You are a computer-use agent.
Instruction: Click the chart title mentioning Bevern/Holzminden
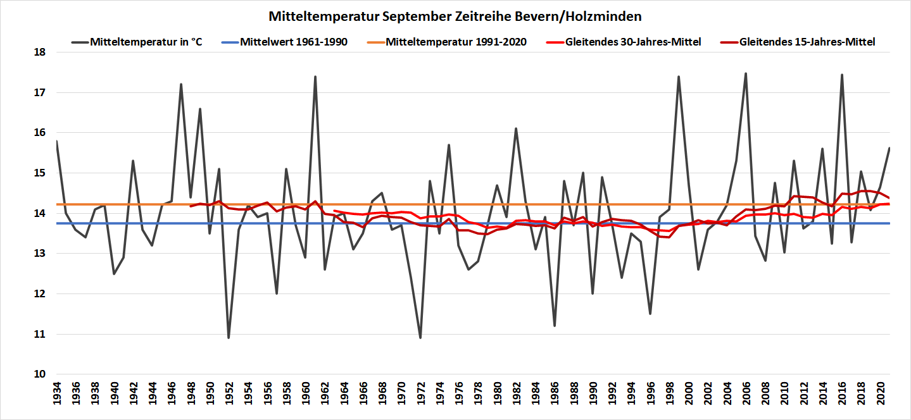tap(455, 15)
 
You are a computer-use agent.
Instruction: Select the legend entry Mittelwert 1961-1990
tap(293, 42)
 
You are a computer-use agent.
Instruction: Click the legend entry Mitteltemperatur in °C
tap(146, 42)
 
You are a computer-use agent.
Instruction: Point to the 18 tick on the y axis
tap(39, 52)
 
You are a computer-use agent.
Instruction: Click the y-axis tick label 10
tap(39, 374)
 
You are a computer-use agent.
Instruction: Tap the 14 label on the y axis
tap(39, 213)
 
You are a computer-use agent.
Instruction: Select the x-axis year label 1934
tap(56, 398)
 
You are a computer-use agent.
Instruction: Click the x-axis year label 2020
tap(880, 398)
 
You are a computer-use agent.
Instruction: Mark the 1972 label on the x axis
tap(420, 398)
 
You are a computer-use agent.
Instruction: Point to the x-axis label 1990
tap(593, 398)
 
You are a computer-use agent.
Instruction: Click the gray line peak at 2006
tap(746, 73)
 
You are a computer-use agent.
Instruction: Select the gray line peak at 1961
tap(315, 77)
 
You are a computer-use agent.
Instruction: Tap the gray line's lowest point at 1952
tap(229, 338)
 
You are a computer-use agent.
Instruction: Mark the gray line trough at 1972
tap(420, 338)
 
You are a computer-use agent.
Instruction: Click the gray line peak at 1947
tap(181, 84)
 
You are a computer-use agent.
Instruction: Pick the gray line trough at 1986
tap(555, 326)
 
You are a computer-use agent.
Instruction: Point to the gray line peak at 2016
tap(841, 75)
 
